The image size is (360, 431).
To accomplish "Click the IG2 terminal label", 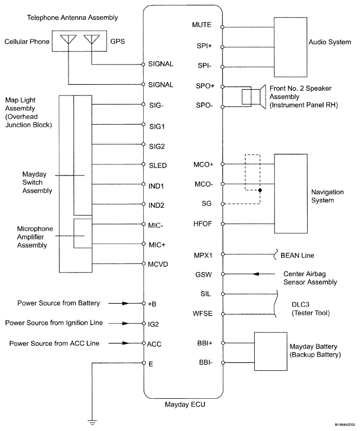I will [x=153, y=323].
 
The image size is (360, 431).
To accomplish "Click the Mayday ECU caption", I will [x=183, y=403].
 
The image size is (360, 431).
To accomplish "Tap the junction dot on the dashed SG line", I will [x=259, y=190].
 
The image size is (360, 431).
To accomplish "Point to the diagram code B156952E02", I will [x=341, y=424].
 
